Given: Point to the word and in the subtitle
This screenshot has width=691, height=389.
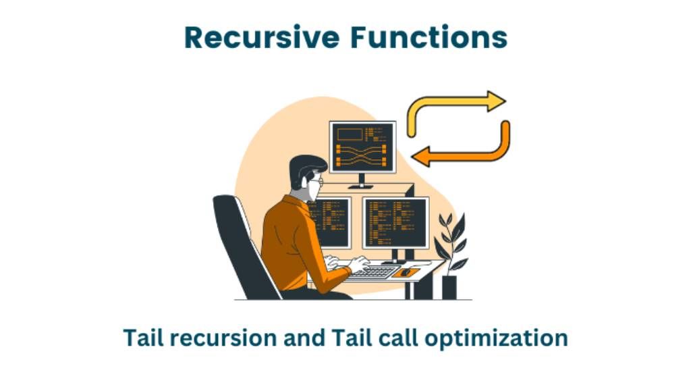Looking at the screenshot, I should pyautogui.click(x=304, y=337).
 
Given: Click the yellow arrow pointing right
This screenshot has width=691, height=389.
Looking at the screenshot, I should pyautogui.click(x=459, y=108).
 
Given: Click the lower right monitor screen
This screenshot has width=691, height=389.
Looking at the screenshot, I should pyautogui.click(x=395, y=223).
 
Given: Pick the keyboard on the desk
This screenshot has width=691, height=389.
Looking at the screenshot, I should pyautogui.click(x=373, y=271).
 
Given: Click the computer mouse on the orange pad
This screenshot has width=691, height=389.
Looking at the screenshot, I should pyautogui.click(x=405, y=272).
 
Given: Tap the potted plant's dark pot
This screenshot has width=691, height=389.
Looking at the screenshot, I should pyautogui.click(x=449, y=286).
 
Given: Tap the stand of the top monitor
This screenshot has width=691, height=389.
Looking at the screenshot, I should pyautogui.click(x=362, y=180).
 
